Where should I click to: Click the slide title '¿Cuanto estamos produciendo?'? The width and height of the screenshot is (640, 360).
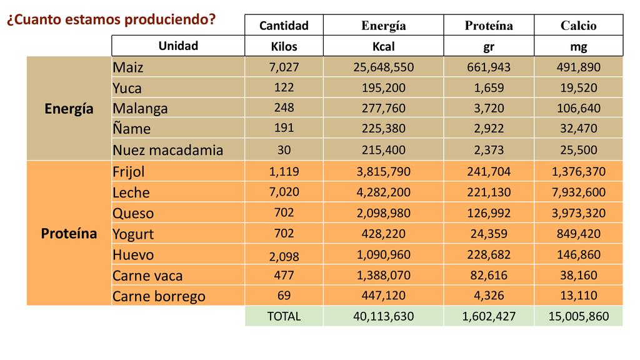point(111,20)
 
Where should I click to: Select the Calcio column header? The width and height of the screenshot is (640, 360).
point(578,26)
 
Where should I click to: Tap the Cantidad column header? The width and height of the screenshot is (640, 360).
point(284,26)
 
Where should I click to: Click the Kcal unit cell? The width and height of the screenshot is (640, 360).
point(383,47)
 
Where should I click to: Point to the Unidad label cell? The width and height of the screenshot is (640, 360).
point(178,46)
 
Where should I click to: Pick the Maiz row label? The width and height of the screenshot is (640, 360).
point(128,67)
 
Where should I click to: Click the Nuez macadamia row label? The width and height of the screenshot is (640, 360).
point(167,150)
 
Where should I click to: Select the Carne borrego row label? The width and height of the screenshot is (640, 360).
point(159,296)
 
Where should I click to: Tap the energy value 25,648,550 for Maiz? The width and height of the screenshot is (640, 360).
point(383,67)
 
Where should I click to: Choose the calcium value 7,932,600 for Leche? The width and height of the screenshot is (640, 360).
point(578,192)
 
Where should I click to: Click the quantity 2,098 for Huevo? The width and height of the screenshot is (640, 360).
point(284,256)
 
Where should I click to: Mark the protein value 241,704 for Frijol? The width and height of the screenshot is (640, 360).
point(489,172)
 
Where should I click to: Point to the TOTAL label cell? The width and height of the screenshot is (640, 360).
point(284,316)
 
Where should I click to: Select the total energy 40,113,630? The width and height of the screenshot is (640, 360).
point(383,316)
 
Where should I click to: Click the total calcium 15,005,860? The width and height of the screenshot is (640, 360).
point(578,316)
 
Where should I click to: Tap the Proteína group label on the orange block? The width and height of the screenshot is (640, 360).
point(69,234)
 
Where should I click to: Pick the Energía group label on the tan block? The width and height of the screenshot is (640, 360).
point(69,109)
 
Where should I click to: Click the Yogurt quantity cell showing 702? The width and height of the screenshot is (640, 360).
point(284,234)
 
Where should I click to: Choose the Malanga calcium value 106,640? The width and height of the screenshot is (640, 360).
point(578,108)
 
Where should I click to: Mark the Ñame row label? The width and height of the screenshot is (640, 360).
point(131,129)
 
